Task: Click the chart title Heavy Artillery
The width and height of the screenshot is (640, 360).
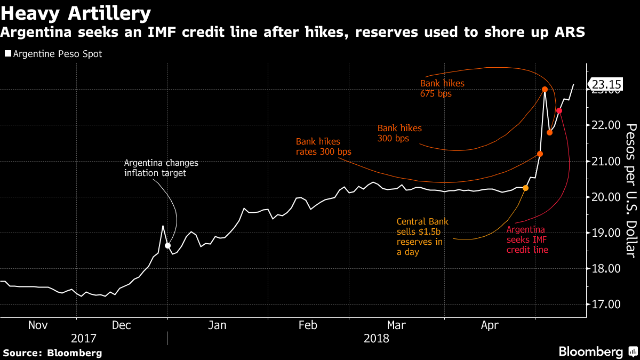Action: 76,12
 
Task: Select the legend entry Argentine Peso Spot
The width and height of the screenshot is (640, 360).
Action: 56,54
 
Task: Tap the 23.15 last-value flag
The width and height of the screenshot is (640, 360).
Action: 606,84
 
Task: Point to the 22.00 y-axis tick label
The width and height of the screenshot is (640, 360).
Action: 606,125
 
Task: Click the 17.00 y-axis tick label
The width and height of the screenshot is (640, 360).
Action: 606,305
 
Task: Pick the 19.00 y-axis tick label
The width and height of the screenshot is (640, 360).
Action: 606,233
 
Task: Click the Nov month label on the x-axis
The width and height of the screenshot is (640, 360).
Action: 37,325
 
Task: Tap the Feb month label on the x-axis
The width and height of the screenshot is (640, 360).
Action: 308,325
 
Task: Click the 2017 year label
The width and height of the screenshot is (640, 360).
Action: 84,338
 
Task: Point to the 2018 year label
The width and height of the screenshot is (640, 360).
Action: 376,338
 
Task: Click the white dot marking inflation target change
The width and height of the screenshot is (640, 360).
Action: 168,245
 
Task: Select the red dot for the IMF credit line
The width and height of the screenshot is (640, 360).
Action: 559,111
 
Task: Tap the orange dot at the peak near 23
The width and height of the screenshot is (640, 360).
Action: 545,90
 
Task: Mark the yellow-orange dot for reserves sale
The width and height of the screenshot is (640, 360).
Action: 526,188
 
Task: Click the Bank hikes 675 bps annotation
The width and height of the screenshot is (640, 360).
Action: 442,89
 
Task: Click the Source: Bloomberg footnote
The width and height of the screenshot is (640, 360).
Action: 52,353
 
